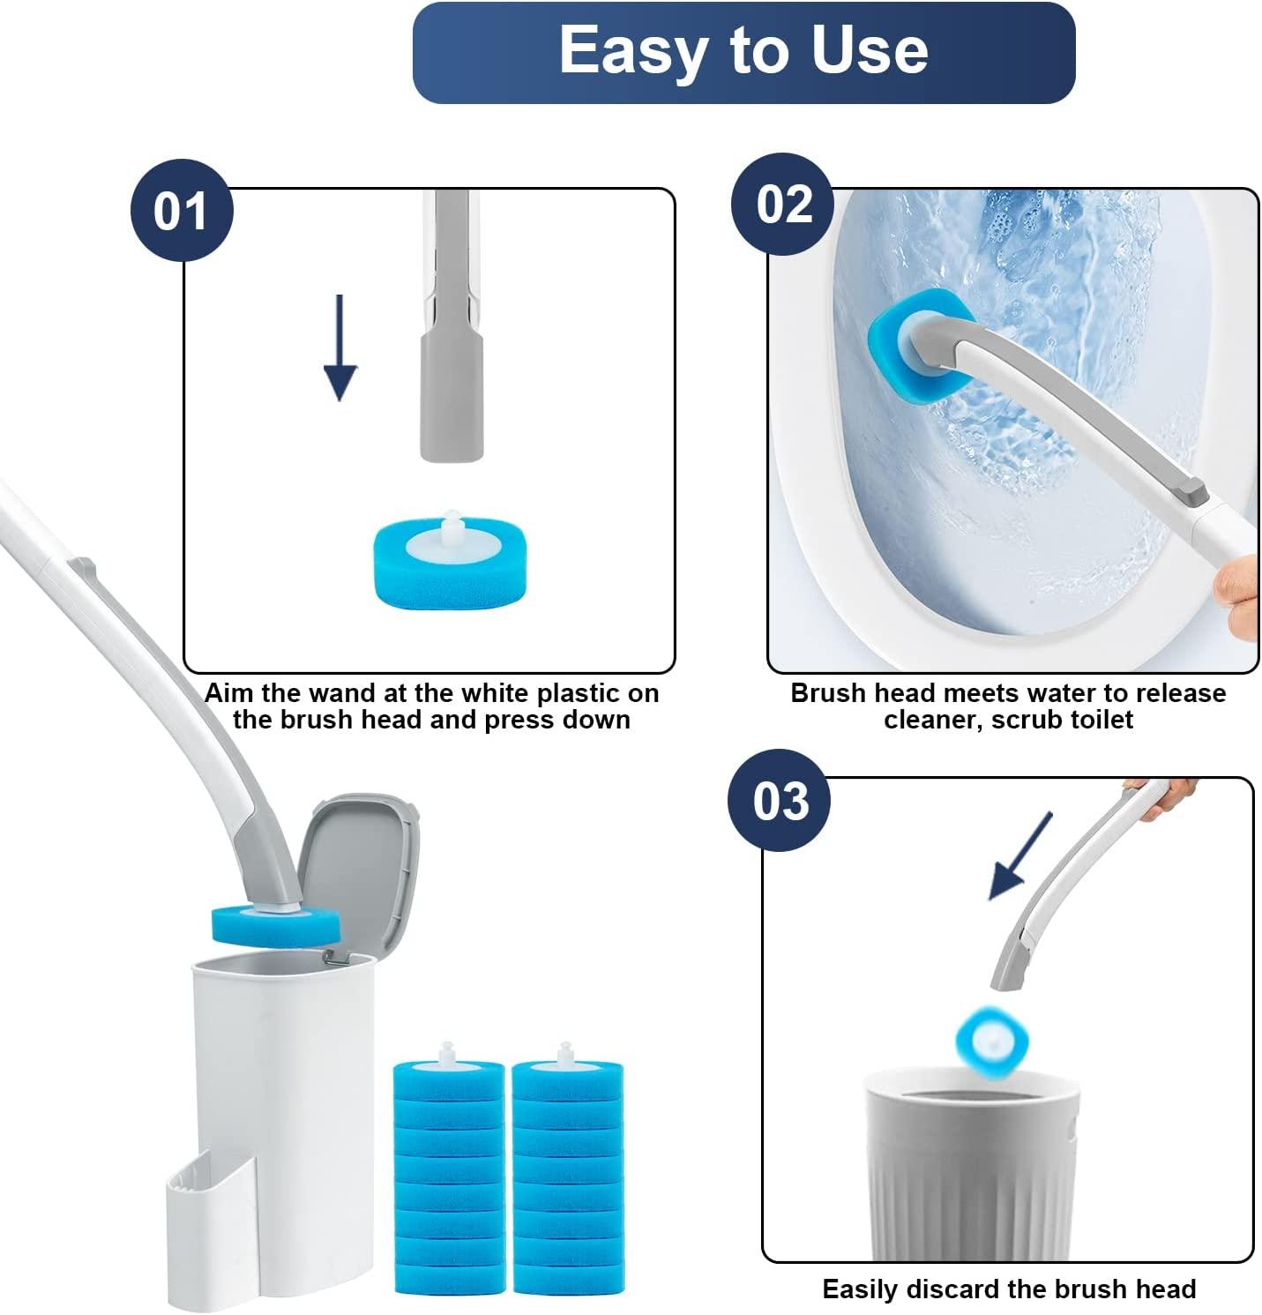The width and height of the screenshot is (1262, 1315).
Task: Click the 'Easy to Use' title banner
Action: point(743,52)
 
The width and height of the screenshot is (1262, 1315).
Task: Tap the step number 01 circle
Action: point(182,211)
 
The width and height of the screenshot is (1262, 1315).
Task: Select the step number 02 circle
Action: point(783,205)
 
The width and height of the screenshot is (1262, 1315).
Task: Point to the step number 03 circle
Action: point(779,801)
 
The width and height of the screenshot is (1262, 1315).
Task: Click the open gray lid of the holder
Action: point(358,873)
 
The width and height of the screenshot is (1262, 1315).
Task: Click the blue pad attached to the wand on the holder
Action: point(275,924)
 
